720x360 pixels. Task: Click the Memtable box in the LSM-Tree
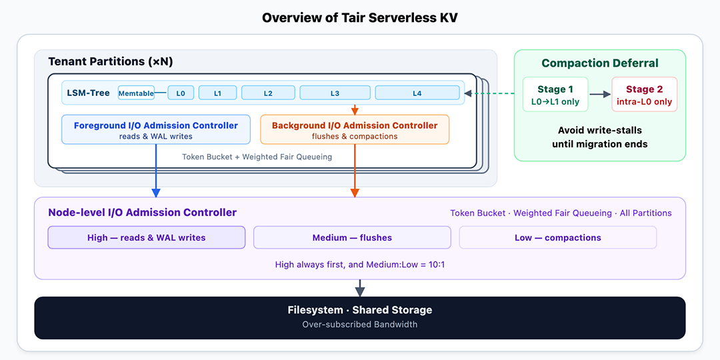click(137, 93)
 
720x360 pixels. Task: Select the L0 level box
click(181, 93)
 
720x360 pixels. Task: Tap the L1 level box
click(217, 93)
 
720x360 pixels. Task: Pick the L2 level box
click(268, 93)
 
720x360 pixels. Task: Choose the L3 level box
click(335, 93)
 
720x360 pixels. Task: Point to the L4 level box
click(417, 93)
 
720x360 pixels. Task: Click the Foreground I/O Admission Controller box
click(156, 129)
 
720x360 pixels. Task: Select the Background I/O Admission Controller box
click(355, 129)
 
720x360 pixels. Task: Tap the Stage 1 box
click(555, 94)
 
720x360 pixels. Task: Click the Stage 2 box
click(645, 94)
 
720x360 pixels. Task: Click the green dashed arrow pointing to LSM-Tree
click(489, 93)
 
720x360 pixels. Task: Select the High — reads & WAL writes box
click(147, 237)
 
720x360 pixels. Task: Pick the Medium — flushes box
click(352, 237)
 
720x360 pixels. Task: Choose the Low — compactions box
click(558, 237)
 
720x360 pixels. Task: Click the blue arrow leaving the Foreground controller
click(156, 171)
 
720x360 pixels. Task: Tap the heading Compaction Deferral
click(600, 63)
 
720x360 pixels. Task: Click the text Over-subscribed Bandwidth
click(360, 324)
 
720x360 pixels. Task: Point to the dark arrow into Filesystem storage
click(360, 288)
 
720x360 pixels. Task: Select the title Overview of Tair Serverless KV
click(360, 18)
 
